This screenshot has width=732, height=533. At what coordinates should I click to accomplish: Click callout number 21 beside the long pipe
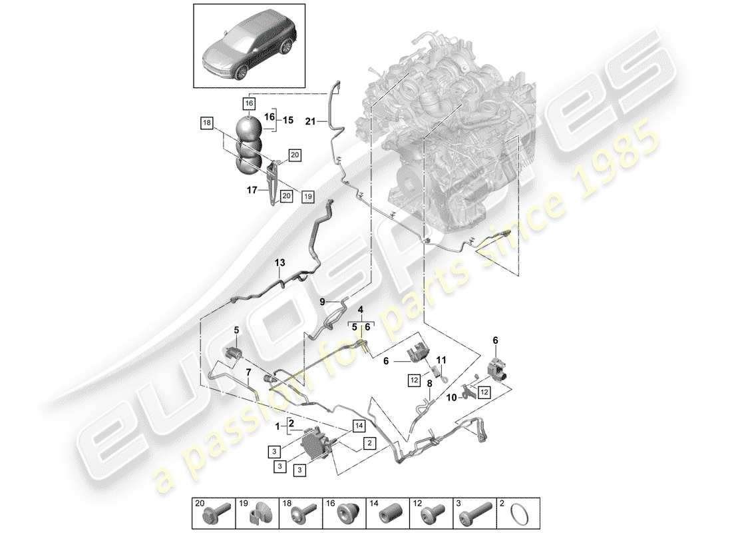(x=309, y=121)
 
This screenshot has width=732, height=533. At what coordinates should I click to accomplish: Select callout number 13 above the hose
(x=279, y=264)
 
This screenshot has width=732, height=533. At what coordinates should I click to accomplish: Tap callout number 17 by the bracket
(x=253, y=190)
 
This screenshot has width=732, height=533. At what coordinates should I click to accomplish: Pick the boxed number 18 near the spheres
(x=207, y=123)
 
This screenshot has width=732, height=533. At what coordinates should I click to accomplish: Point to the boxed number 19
(x=307, y=197)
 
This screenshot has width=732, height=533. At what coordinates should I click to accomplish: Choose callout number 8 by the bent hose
(x=429, y=384)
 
